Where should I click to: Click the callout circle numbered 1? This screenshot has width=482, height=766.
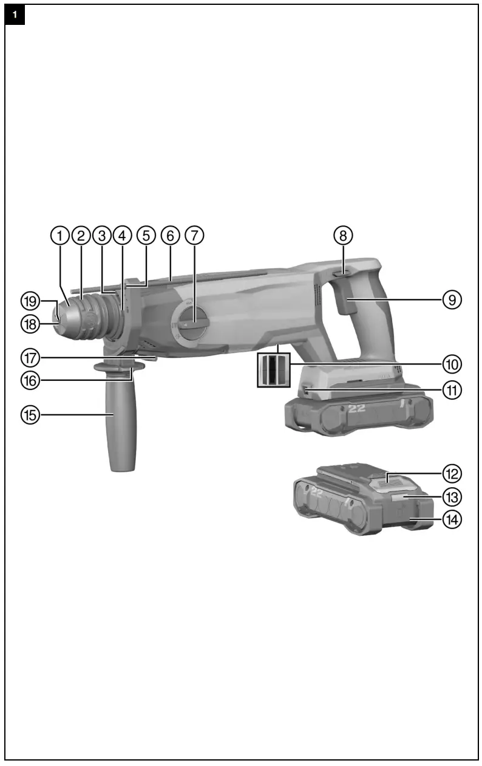(x=59, y=236)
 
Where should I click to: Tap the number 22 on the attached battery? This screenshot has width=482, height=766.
(x=357, y=409)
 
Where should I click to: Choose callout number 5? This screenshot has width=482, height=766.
(x=146, y=236)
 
